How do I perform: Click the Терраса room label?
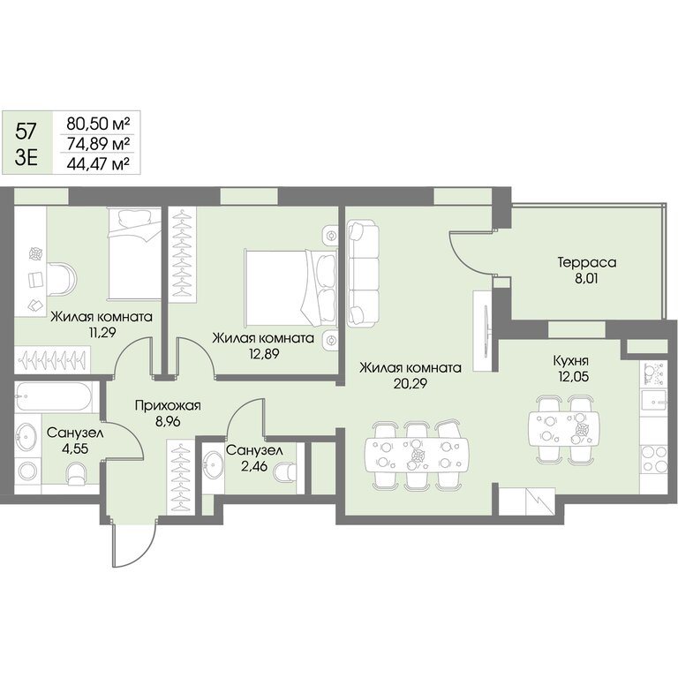coord(587,263)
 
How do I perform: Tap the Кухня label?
coord(571,360)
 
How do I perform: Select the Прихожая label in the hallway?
coord(168,405)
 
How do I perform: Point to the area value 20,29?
coord(411,383)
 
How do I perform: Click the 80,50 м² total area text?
coord(98,124)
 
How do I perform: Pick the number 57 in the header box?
coord(26,131)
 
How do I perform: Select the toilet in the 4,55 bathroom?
coord(77,474)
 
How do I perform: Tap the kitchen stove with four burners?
coord(653,459)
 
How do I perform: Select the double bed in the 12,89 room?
coord(290,288)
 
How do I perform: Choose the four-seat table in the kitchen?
coord(564,428)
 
